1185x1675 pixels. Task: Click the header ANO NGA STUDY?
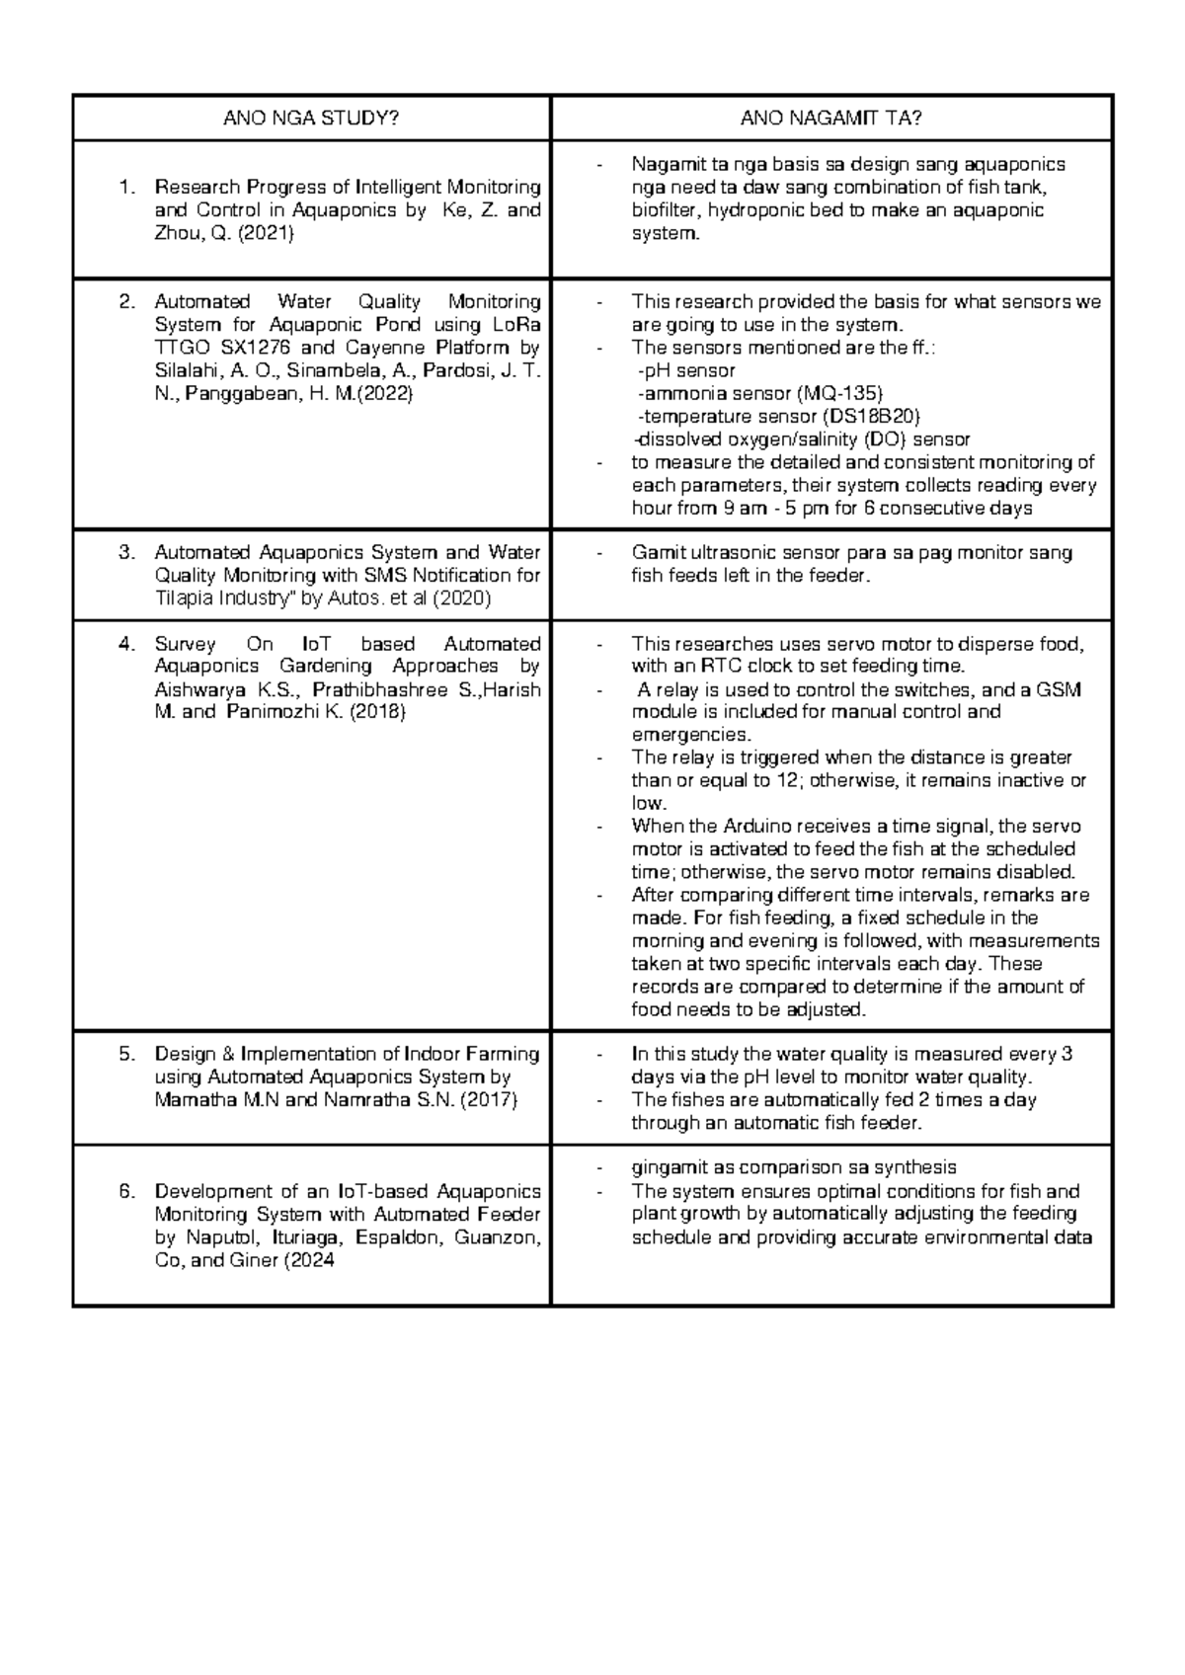click(311, 120)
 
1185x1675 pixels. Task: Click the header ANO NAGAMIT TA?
click(831, 120)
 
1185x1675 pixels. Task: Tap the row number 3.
click(125, 553)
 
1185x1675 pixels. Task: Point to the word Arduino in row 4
click(764, 827)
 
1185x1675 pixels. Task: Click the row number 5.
click(125, 1055)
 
